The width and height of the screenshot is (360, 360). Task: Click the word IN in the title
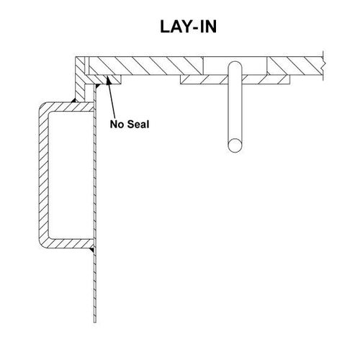pos(208,27)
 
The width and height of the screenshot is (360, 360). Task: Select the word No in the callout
pos(117,125)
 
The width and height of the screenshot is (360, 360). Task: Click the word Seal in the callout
pos(138,125)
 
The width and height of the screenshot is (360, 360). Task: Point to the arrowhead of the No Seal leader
pos(109,80)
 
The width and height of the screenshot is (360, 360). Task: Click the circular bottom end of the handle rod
pos(235,145)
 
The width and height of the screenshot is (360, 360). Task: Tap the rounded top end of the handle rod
pos(235,66)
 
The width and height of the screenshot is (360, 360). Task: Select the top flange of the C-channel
pos(70,107)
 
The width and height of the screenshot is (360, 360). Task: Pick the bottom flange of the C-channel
pos(70,243)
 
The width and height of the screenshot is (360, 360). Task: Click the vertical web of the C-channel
pos(43,175)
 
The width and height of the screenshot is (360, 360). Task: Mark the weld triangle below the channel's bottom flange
pos(92,251)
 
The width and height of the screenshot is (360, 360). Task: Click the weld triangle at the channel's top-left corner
pos(73,100)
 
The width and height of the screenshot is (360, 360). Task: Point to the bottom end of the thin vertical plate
pos(95,322)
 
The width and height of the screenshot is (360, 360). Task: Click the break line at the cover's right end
pos(323,66)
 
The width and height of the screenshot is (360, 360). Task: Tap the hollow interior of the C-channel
pos(71,175)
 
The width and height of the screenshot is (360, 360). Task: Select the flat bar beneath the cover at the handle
pos(235,80)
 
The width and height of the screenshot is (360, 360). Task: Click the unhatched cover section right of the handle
pos(255,66)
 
